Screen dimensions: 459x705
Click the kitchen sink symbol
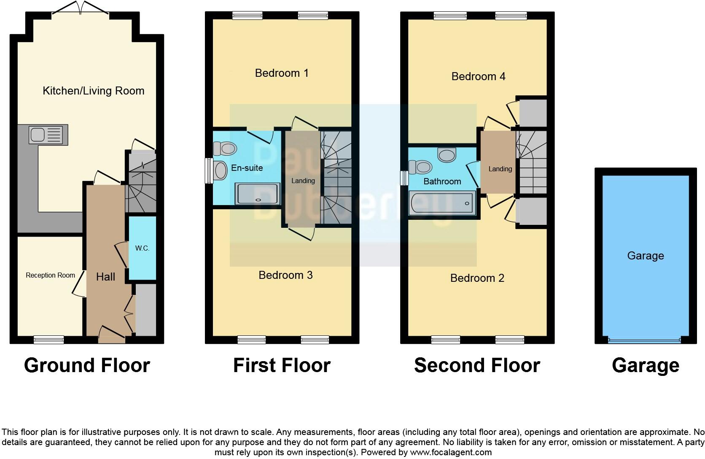coord(47,135)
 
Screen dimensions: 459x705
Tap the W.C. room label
coord(142,248)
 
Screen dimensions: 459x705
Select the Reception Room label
coord(50,275)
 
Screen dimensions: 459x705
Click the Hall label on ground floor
coord(105,277)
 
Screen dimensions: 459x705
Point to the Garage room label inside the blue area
coord(645,256)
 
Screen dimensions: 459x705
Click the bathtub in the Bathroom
coord(442,203)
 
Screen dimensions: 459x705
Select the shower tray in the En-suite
coord(257,194)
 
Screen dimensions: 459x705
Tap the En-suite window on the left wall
coord(209,170)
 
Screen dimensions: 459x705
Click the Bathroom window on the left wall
coord(404,178)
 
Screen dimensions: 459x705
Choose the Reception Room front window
coord(48,340)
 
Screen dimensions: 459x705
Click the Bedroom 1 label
coord(282,73)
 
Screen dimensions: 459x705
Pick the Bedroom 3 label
coord(285,275)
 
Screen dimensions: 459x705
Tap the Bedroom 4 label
coord(478,76)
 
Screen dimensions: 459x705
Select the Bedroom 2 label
coord(477,278)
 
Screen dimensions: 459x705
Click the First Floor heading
coord(282,365)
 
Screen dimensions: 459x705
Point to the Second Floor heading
coord(477,365)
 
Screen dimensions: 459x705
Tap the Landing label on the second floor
coord(500,169)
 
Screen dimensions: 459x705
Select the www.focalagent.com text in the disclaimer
coord(451,452)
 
